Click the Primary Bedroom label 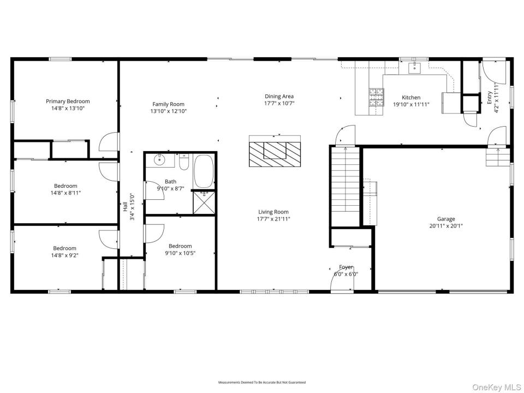(68, 102)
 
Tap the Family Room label (169, 104)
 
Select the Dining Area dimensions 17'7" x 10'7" (279, 104)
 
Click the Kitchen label (411, 98)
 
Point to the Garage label (446, 219)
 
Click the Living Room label (273, 212)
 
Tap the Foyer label (346, 267)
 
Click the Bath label (170, 182)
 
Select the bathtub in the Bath (204, 171)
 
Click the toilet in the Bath (184, 163)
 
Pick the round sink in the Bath (160, 160)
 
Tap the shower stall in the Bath (204, 202)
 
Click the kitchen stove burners (376, 97)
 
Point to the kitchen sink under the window (414, 68)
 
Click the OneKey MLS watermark (497, 387)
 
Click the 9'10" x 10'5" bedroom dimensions (180, 253)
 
